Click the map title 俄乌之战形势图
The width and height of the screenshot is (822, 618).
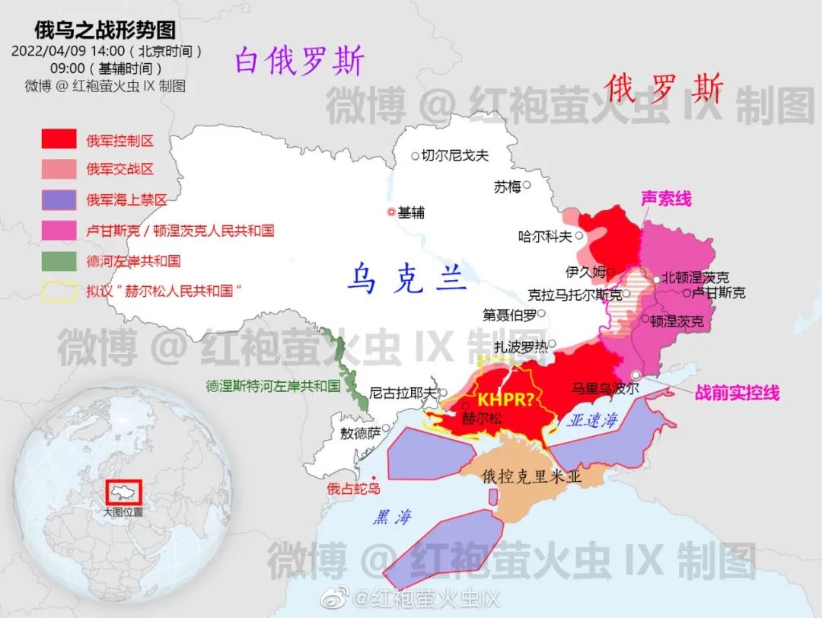point(105,30)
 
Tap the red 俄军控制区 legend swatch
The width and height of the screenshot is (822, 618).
point(59,139)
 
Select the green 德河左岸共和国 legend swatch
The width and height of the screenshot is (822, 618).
point(59,261)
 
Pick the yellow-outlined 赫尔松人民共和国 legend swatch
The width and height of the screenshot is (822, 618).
point(59,291)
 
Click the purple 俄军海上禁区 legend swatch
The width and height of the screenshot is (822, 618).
point(59,200)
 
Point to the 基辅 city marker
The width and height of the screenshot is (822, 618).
point(391,212)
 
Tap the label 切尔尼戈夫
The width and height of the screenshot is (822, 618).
point(454,156)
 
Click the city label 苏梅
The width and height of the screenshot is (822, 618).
point(507,186)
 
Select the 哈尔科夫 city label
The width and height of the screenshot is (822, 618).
point(544,237)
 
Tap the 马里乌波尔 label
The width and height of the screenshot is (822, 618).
point(605,387)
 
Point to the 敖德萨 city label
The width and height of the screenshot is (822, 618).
point(361,433)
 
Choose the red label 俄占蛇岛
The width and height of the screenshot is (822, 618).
point(353,489)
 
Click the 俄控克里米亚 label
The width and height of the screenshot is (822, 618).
point(532,477)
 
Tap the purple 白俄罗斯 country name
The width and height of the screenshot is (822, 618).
point(299,61)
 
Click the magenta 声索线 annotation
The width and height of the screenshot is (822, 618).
point(666,199)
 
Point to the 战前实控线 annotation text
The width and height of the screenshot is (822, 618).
point(737,393)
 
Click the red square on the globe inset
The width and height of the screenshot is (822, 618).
point(124,492)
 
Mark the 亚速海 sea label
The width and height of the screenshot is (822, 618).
point(594,420)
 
